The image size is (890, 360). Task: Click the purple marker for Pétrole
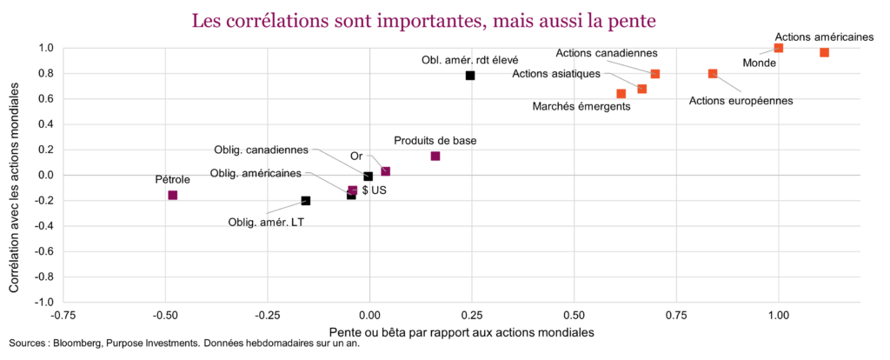pyautogui.click(x=172, y=195)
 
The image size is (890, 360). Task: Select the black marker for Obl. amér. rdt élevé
pyautogui.click(x=470, y=76)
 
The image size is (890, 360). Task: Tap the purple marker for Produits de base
pyautogui.click(x=435, y=157)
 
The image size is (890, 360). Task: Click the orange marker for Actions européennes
pyautogui.click(x=713, y=74)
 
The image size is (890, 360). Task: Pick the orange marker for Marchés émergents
pyautogui.click(x=621, y=94)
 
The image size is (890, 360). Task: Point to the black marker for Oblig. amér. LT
pyautogui.click(x=306, y=201)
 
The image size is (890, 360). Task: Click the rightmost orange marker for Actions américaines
pyautogui.click(x=824, y=53)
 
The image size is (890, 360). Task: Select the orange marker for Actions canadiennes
pyautogui.click(x=655, y=74)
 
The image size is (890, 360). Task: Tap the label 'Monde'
pyautogui.click(x=760, y=63)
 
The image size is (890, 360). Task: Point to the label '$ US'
pyautogui.click(x=375, y=190)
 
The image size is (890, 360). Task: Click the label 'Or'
pyautogui.click(x=356, y=157)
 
